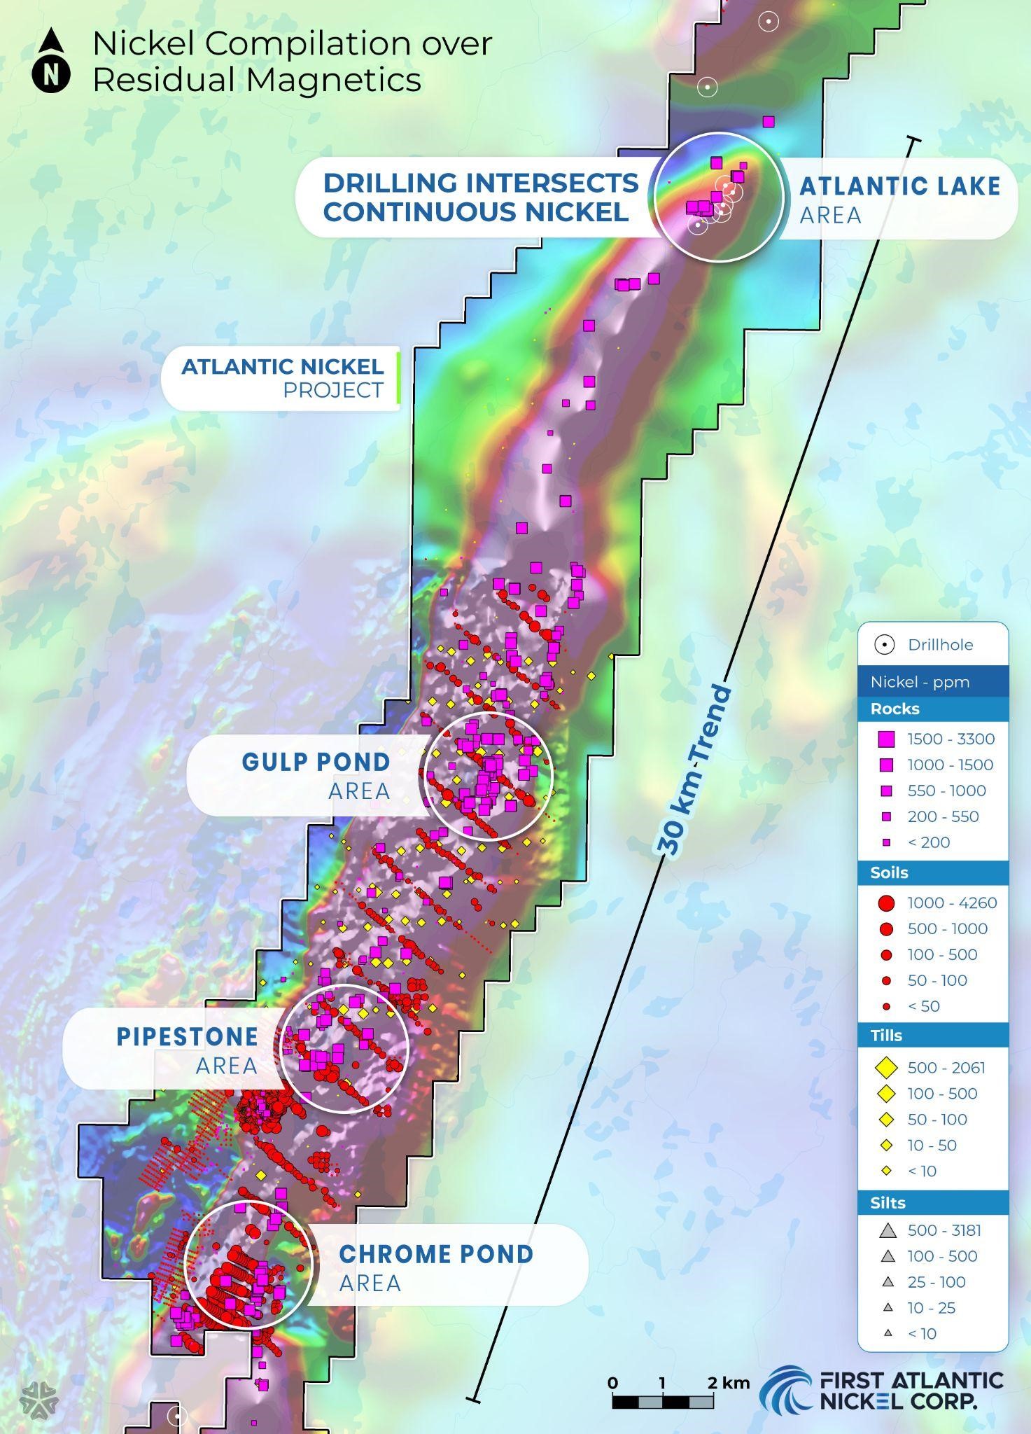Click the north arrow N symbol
click(50, 74)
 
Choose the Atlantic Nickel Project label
click(282, 377)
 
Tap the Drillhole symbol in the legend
click(885, 645)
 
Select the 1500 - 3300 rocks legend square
click(886, 739)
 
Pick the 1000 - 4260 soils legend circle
click(886, 903)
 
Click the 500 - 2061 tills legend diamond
click(886, 1068)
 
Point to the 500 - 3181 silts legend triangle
click(888, 1230)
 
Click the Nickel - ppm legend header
click(920, 682)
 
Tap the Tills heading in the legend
click(886, 1036)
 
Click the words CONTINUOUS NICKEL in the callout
click(475, 212)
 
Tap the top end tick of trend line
click(913, 141)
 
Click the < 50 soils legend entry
click(923, 1006)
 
